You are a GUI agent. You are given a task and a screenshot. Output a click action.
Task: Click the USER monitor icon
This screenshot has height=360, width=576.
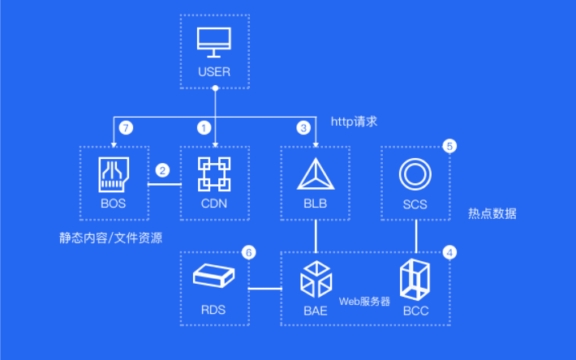click(214, 42)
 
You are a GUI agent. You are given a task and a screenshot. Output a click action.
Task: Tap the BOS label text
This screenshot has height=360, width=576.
click(113, 204)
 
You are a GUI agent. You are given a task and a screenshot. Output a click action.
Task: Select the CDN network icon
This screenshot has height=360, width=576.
click(214, 174)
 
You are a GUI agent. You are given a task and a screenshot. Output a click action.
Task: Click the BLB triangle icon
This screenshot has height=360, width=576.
click(316, 174)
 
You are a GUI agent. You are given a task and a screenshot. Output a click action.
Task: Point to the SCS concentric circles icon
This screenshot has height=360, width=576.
click(415, 174)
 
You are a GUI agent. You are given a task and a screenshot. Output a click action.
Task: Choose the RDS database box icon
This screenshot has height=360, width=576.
click(213, 276)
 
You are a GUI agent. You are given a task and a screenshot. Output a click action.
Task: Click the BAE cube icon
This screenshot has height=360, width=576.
click(316, 279)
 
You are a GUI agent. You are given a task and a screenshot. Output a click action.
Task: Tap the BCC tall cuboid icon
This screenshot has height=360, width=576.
click(415, 280)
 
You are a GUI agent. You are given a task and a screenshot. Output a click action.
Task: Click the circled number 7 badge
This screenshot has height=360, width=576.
click(126, 128)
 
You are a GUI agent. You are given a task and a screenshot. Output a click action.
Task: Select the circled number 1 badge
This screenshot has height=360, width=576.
click(204, 128)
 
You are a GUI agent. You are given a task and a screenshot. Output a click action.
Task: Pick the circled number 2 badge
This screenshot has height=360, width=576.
click(162, 170)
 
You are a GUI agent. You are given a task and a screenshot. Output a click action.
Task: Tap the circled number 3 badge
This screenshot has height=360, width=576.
click(303, 128)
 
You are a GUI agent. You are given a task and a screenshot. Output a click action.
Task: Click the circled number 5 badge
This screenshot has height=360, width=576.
click(449, 146)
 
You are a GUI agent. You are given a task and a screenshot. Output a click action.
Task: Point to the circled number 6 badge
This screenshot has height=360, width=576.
click(249, 252)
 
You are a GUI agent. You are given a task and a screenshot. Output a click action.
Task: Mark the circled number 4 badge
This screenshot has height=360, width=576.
click(449, 252)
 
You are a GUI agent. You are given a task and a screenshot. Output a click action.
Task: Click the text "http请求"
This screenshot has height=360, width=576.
click(355, 122)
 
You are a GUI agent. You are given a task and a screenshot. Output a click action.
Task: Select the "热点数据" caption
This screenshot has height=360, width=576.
click(492, 213)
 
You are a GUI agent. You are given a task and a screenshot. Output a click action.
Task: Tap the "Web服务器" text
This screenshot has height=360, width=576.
click(364, 302)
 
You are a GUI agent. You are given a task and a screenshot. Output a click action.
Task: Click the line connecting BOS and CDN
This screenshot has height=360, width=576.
click(165, 184)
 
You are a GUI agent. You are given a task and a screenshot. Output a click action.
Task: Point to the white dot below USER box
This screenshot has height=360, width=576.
click(215, 88)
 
